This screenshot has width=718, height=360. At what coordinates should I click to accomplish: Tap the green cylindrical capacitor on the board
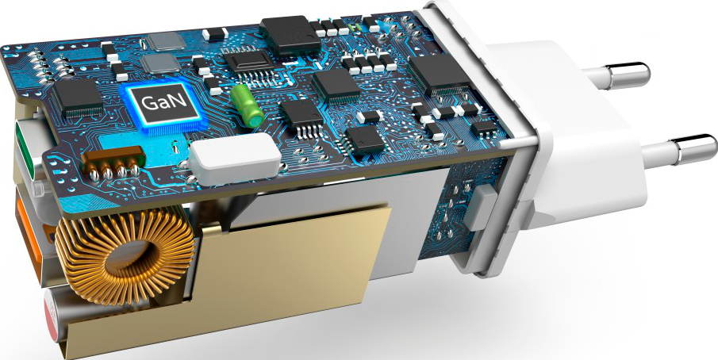coord(247,105)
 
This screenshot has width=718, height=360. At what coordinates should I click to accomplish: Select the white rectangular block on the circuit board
coord(235,160)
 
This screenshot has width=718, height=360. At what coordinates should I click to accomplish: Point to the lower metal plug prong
coord(678,150)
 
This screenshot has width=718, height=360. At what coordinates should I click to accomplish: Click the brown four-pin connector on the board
coord(113,163)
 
